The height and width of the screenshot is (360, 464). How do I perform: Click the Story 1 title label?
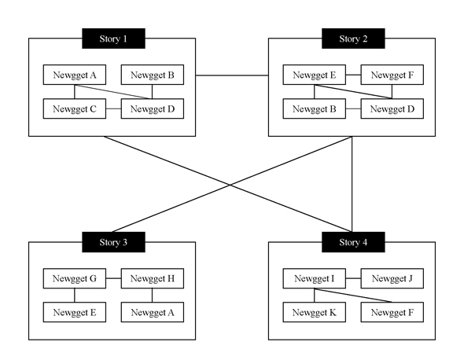[x=113, y=39]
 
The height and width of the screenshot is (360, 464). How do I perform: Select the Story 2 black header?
[x=353, y=39]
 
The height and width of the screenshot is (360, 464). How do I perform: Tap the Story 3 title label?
[x=113, y=242]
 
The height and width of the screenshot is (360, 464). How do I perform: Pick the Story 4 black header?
[x=353, y=242]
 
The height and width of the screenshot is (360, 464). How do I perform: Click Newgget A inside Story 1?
[x=75, y=75]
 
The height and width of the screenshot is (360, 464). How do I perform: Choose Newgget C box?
[x=75, y=108]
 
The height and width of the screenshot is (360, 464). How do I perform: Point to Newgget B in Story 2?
[x=315, y=108]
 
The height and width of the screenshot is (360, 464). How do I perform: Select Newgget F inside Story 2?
[x=392, y=75]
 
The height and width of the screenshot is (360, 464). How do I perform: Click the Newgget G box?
[x=75, y=278]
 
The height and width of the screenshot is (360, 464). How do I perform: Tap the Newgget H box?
[x=153, y=278]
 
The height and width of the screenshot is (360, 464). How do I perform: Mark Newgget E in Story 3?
[x=75, y=312]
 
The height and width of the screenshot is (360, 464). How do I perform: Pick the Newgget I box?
[x=315, y=278]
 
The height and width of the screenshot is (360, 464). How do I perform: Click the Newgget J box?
[x=392, y=278]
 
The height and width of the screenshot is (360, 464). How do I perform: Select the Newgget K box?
[x=315, y=312]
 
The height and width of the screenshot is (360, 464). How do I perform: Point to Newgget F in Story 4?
[x=392, y=312]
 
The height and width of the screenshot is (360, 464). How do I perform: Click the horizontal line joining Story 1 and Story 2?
[x=232, y=75]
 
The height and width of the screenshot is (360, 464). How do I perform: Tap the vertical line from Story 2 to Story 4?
[x=352, y=184]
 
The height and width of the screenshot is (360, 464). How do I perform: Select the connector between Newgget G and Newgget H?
[x=113, y=278]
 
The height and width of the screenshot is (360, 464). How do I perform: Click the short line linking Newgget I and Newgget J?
[x=353, y=278]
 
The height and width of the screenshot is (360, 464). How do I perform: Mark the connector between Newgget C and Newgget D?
[x=113, y=108]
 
